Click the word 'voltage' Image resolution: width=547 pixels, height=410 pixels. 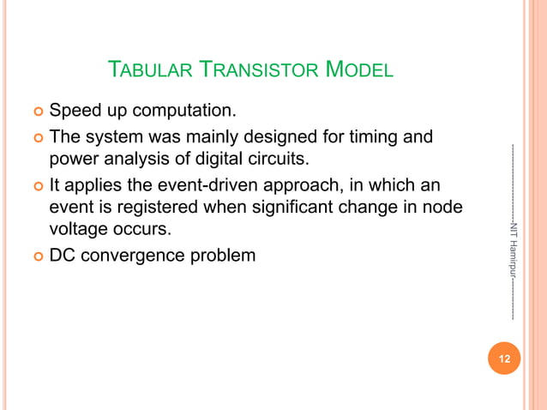coord(81,231)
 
